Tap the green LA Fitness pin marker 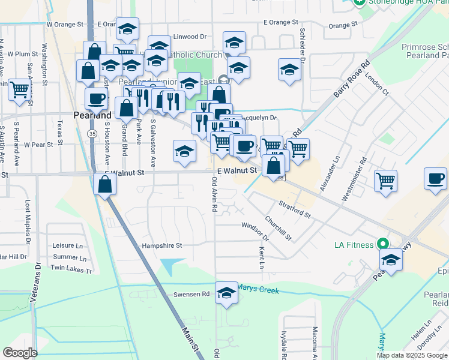tap(381, 244)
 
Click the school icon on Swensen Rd tap(226, 293)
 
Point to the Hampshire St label tap(161, 245)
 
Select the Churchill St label tap(278, 227)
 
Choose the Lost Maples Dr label tap(28, 222)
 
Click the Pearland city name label tap(92, 115)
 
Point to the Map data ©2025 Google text tap(412, 355)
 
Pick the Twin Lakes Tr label tap(71, 271)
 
